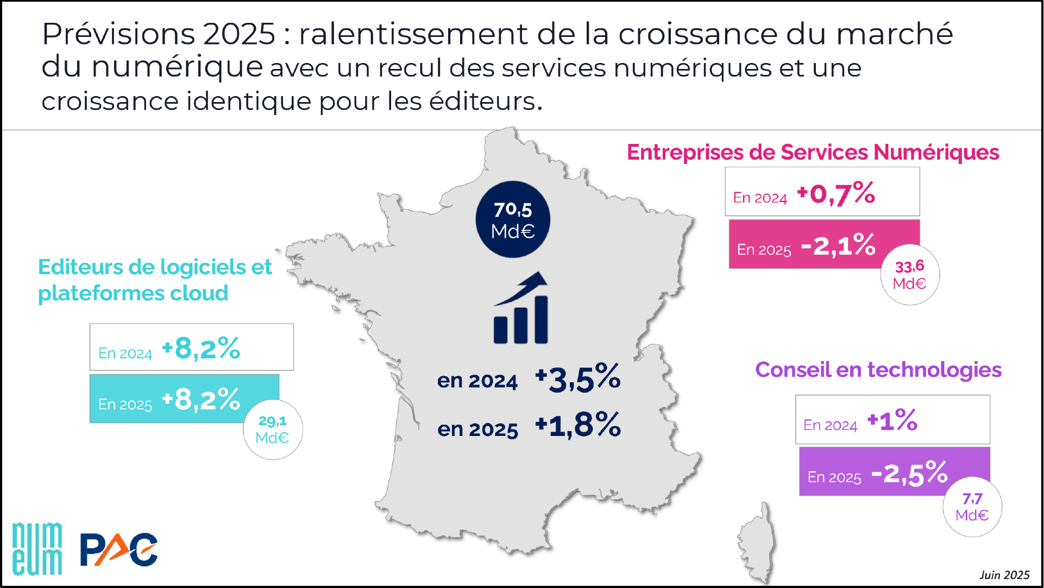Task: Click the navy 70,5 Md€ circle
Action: click(x=513, y=219)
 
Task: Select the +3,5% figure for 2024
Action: click(x=577, y=378)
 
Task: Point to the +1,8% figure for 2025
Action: click(x=577, y=425)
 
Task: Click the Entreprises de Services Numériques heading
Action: click(x=813, y=153)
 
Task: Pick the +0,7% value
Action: click(x=836, y=193)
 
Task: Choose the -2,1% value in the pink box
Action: click(x=838, y=245)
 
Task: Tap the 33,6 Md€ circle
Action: click(x=910, y=275)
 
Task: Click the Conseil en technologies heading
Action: click(x=878, y=370)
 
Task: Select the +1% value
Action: click(x=892, y=421)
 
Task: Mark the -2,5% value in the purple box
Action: click(x=909, y=473)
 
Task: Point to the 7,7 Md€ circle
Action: click(x=972, y=507)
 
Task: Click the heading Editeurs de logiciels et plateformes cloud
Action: click(x=155, y=280)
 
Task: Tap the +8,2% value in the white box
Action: click(x=201, y=349)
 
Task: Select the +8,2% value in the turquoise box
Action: click(x=201, y=400)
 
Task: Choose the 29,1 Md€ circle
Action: click(x=273, y=429)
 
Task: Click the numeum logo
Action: click(x=37, y=548)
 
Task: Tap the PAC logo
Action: click(x=119, y=549)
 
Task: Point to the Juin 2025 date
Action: click(x=1004, y=575)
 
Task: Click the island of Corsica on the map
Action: click(x=757, y=543)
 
